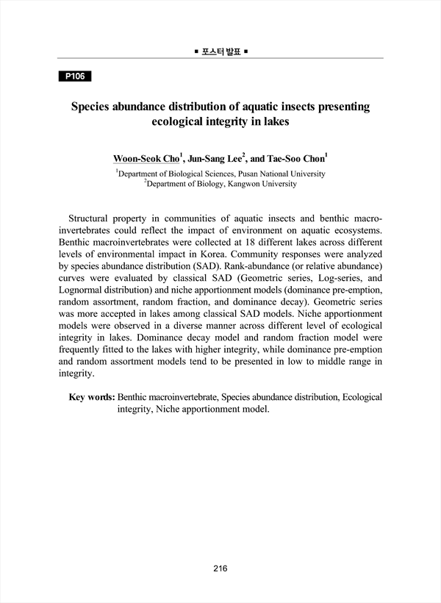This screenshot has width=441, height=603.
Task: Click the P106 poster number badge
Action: click(74, 76)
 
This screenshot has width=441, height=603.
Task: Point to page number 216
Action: click(220, 568)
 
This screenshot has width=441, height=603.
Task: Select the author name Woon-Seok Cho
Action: click(145, 158)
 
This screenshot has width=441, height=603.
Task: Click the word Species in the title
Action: click(93, 107)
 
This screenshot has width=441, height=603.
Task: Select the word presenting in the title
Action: click(339, 107)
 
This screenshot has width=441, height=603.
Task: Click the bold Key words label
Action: click(91, 397)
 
